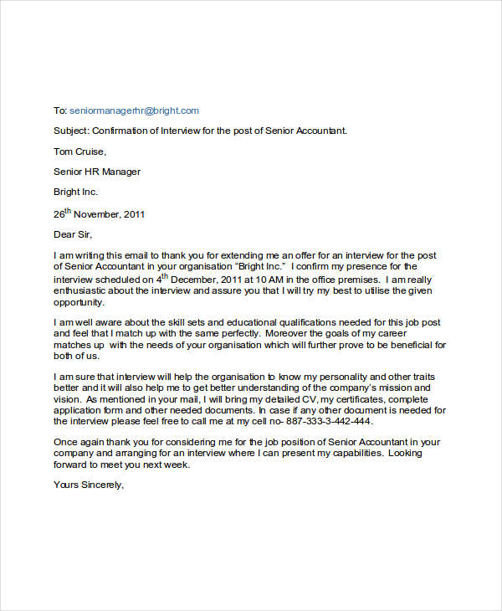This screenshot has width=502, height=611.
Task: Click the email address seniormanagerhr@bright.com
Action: (x=134, y=110)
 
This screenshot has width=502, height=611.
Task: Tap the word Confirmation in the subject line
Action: (x=122, y=131)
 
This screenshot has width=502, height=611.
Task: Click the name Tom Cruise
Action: (x=79, y=151)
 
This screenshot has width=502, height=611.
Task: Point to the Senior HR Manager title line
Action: (x=97, y=172)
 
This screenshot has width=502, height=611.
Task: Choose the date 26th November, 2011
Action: (x=99, y=213)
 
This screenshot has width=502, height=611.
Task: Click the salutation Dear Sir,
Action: (x=74, y=234)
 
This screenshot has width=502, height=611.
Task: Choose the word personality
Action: (x=335, y=377)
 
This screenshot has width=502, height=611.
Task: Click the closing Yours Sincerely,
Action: (x=89, y=485)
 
